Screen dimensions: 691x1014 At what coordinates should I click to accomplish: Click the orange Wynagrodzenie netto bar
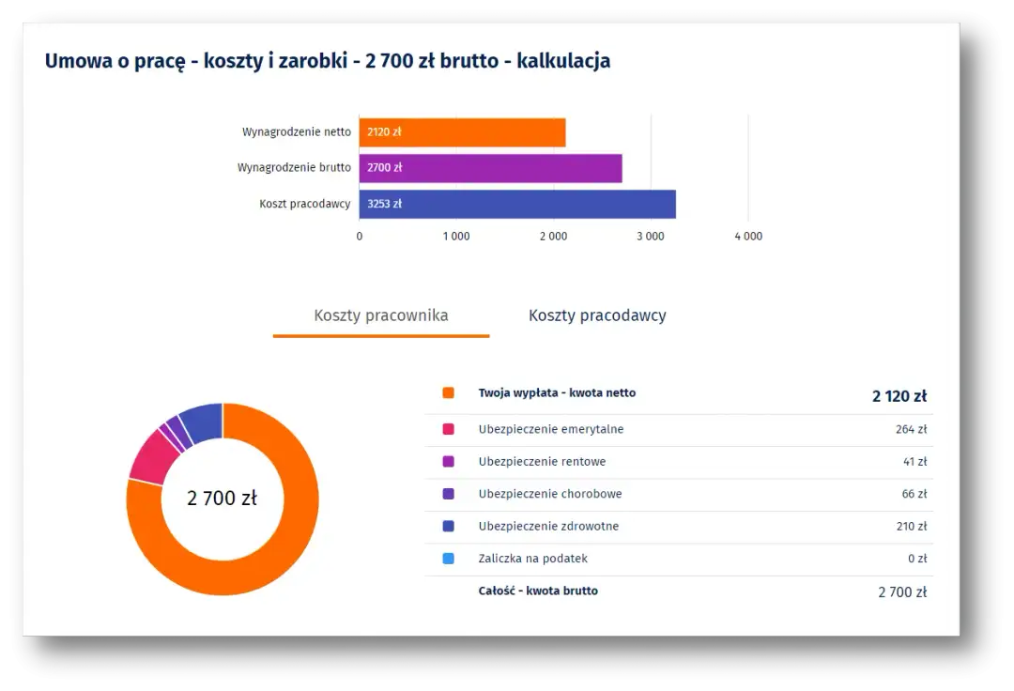[462, 132]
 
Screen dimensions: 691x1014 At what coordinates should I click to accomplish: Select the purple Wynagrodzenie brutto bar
[490, 168]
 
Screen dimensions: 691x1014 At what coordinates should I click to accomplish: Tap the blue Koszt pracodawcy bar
[516, 204]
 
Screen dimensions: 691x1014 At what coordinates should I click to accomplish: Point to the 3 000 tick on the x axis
[650, 237]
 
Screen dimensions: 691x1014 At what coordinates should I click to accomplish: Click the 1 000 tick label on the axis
[455, 237]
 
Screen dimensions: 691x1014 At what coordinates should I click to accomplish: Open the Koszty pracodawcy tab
[597, 315]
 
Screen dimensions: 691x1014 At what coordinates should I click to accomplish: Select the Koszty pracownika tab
[380, 315]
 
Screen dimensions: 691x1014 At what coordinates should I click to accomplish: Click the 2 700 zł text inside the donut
[222, 499]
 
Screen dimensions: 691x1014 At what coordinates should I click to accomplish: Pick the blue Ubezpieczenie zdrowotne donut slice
[202, 422]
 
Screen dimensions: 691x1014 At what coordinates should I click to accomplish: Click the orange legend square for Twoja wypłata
[448, 393]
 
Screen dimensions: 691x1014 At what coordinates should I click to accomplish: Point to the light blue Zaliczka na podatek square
[448, 559]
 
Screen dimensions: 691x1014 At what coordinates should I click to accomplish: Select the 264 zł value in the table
[911, 429]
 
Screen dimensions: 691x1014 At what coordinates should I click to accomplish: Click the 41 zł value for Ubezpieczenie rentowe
[914, 462]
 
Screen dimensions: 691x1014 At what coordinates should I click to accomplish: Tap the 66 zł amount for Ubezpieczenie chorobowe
[914, 494]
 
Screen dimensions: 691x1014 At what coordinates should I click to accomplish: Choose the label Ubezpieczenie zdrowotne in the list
[548, 527]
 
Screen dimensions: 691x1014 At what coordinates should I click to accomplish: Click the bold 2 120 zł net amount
[899, 396]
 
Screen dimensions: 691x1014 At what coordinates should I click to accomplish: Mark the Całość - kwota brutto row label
[538, 591]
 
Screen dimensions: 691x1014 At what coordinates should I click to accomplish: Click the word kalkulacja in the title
[563, 61]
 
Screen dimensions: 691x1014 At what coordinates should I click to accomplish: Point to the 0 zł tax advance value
[916, 559]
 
